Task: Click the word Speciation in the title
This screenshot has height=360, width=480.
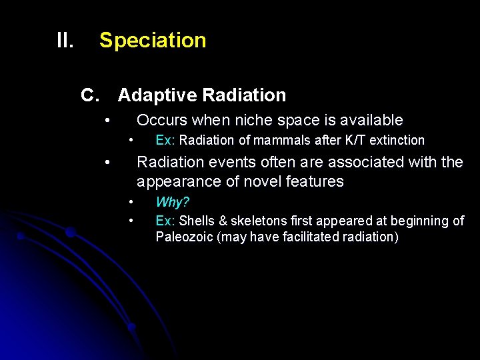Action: click(153, 41)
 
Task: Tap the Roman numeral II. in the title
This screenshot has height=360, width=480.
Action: click(65, 41)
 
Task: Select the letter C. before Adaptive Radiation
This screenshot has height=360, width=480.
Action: click(90, 95)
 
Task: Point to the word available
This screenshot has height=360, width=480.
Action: click(371, 120)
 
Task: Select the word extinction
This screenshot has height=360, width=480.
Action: click(397, 141)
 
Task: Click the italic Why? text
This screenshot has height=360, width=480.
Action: click(172, 202)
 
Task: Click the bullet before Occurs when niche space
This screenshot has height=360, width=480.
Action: click(107, 121)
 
